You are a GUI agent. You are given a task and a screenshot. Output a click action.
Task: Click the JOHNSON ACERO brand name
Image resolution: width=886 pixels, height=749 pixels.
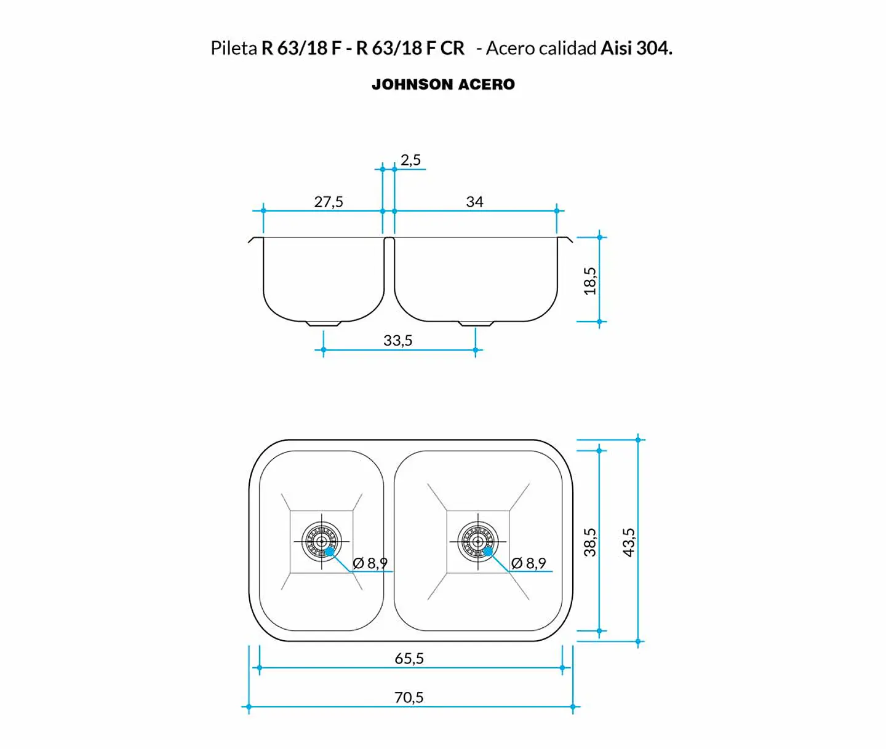(x=443, y=84)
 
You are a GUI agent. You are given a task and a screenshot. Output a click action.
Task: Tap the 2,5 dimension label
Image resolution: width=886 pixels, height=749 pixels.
(x=410, y=160)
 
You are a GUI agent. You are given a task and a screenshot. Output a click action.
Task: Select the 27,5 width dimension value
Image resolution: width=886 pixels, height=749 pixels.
(x=329, y=201)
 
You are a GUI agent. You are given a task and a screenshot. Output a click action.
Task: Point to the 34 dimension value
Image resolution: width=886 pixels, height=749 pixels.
(x=474, y=201)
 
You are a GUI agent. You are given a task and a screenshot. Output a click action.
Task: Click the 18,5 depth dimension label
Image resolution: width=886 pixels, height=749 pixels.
(x=590, y=280)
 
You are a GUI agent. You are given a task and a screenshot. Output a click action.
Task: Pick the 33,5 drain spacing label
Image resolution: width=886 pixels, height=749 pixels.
(x=397, y=341)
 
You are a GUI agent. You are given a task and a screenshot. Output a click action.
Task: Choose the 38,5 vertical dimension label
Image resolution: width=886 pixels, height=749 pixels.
(x=590, y=542)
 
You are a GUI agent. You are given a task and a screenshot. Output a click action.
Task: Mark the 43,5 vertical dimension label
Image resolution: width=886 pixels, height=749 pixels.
(x=628, y=542)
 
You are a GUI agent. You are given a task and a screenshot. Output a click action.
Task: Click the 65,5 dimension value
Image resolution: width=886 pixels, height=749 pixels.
(x=409, y=658)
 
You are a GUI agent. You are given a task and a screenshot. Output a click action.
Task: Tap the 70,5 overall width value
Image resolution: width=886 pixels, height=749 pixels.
(x=409, y=697)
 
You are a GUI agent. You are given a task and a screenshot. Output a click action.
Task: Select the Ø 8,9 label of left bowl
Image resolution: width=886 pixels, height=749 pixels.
(x=370, y=563)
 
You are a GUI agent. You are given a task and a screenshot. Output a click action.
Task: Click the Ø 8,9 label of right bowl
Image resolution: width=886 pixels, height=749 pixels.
(x=529, y=563)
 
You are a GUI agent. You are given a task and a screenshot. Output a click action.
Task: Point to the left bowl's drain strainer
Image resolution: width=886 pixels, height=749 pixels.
(x=321, y=541)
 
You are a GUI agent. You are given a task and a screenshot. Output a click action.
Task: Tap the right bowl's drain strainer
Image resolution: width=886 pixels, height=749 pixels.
(x=477, y=541)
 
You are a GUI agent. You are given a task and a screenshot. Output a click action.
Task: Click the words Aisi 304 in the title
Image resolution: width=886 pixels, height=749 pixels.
(x=636, y=48)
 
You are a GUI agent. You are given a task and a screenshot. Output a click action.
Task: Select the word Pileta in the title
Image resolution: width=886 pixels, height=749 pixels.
(x=234, y=48)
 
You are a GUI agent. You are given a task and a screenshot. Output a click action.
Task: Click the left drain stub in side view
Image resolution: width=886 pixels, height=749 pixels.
(x=324, y=323)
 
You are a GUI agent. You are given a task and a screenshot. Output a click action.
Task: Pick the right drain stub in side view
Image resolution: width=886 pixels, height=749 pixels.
(x=476, y=323)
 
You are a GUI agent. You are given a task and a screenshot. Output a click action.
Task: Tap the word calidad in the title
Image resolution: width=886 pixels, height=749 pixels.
(x=567, y=48)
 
